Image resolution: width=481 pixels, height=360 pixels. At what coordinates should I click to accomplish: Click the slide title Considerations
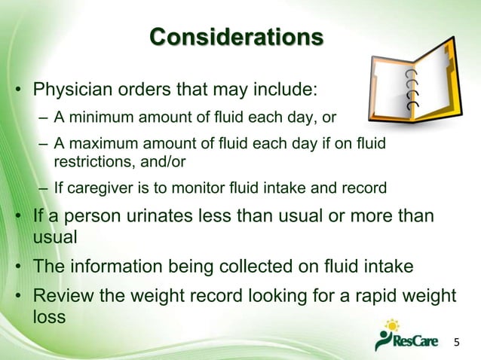point(237,37)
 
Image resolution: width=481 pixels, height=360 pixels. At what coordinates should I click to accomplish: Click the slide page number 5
point(455,343)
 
